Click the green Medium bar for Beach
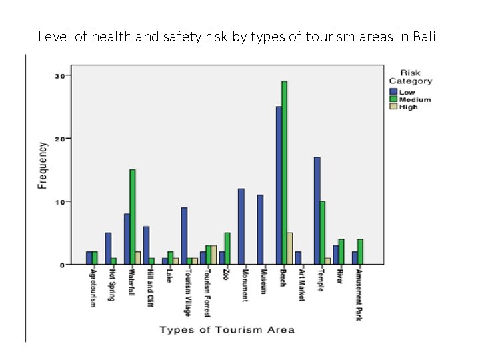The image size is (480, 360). pyautogui.click(x=285, y=173)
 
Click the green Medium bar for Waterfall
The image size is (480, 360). pyautogui.click(x=133, y=217)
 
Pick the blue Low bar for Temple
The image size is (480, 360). pyautogui.click(x=317, y=211)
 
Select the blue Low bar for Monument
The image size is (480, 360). pyautogui.click(x=241, y=227)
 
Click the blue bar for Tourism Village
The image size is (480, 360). pyautogui.click(x=184, y=236)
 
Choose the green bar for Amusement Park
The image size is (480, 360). pyautogui.click(x=361, y=252)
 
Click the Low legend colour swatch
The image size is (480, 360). pyautogui.click(x=394, y=92)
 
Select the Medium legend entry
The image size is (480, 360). pyautogui.click(x=415, y=99)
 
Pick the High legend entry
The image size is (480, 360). pyautogui.click(x=409, y=107)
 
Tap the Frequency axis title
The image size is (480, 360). pyautogui.click(x=43, y=165)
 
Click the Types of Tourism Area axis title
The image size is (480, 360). pyautogui.click(x=226, y=329)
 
